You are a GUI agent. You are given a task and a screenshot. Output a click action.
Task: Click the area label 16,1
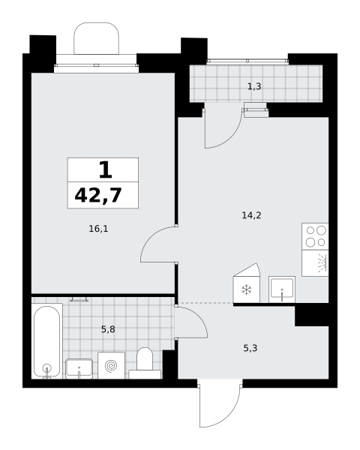coord(98,229)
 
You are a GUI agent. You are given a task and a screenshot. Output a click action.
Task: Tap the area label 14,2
coord(251,215)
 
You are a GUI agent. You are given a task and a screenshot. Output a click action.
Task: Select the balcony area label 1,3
coord(254,86)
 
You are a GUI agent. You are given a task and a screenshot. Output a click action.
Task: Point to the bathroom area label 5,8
coord(108,329)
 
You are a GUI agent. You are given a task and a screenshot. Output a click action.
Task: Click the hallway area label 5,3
coord(250,348)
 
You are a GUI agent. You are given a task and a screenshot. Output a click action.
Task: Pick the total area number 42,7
coord(98,195)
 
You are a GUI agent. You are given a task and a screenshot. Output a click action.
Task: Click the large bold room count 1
coord(105,170)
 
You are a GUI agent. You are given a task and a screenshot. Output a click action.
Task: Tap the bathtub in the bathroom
coord(46,341)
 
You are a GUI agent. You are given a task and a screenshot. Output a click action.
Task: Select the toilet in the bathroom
coord(145,363)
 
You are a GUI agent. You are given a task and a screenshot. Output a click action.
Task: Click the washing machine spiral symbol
coord(111,366)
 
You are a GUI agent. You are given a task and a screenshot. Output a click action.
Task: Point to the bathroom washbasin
coord(79,368)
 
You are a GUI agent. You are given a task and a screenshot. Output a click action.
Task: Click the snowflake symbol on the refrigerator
coord(247,289)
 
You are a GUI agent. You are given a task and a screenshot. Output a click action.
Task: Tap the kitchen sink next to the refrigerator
coord(282,289)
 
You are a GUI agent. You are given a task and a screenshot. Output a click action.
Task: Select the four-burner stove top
coord(315,236)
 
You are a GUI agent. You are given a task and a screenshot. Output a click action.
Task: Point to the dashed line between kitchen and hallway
coord(205,303)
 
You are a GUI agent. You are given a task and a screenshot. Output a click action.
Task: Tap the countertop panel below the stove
coord(315,263)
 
